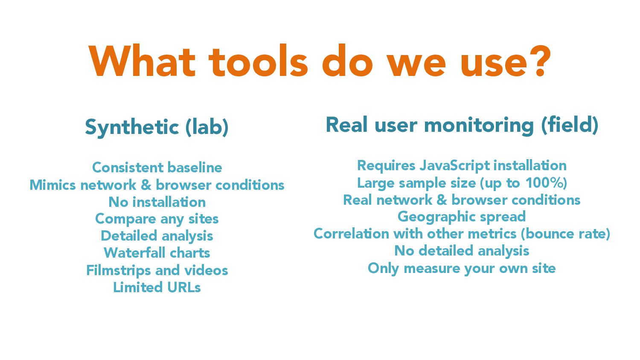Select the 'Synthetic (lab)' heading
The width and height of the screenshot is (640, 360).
click(157, 128)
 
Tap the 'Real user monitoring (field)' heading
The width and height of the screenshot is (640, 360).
click(462, 125)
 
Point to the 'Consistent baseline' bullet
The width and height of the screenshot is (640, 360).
click(157, 168)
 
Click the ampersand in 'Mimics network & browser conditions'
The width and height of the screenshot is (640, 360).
click(146, 185)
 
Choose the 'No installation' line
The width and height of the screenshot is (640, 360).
click(157, 202)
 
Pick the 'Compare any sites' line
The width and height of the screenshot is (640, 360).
click(157, 219)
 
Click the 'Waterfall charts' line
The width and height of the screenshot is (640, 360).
click(157, 253)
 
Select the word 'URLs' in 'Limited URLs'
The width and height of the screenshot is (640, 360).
click(184, 287)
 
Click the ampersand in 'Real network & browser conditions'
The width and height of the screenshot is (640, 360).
click(442, 200)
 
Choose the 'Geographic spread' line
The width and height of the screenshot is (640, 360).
click(462, 217)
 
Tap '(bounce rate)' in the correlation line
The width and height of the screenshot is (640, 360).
click(565, 234)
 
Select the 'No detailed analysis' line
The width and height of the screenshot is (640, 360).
click(462, 251)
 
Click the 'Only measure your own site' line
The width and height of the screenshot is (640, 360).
click(462, 269)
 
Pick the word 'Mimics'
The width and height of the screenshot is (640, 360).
click(53, 185)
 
